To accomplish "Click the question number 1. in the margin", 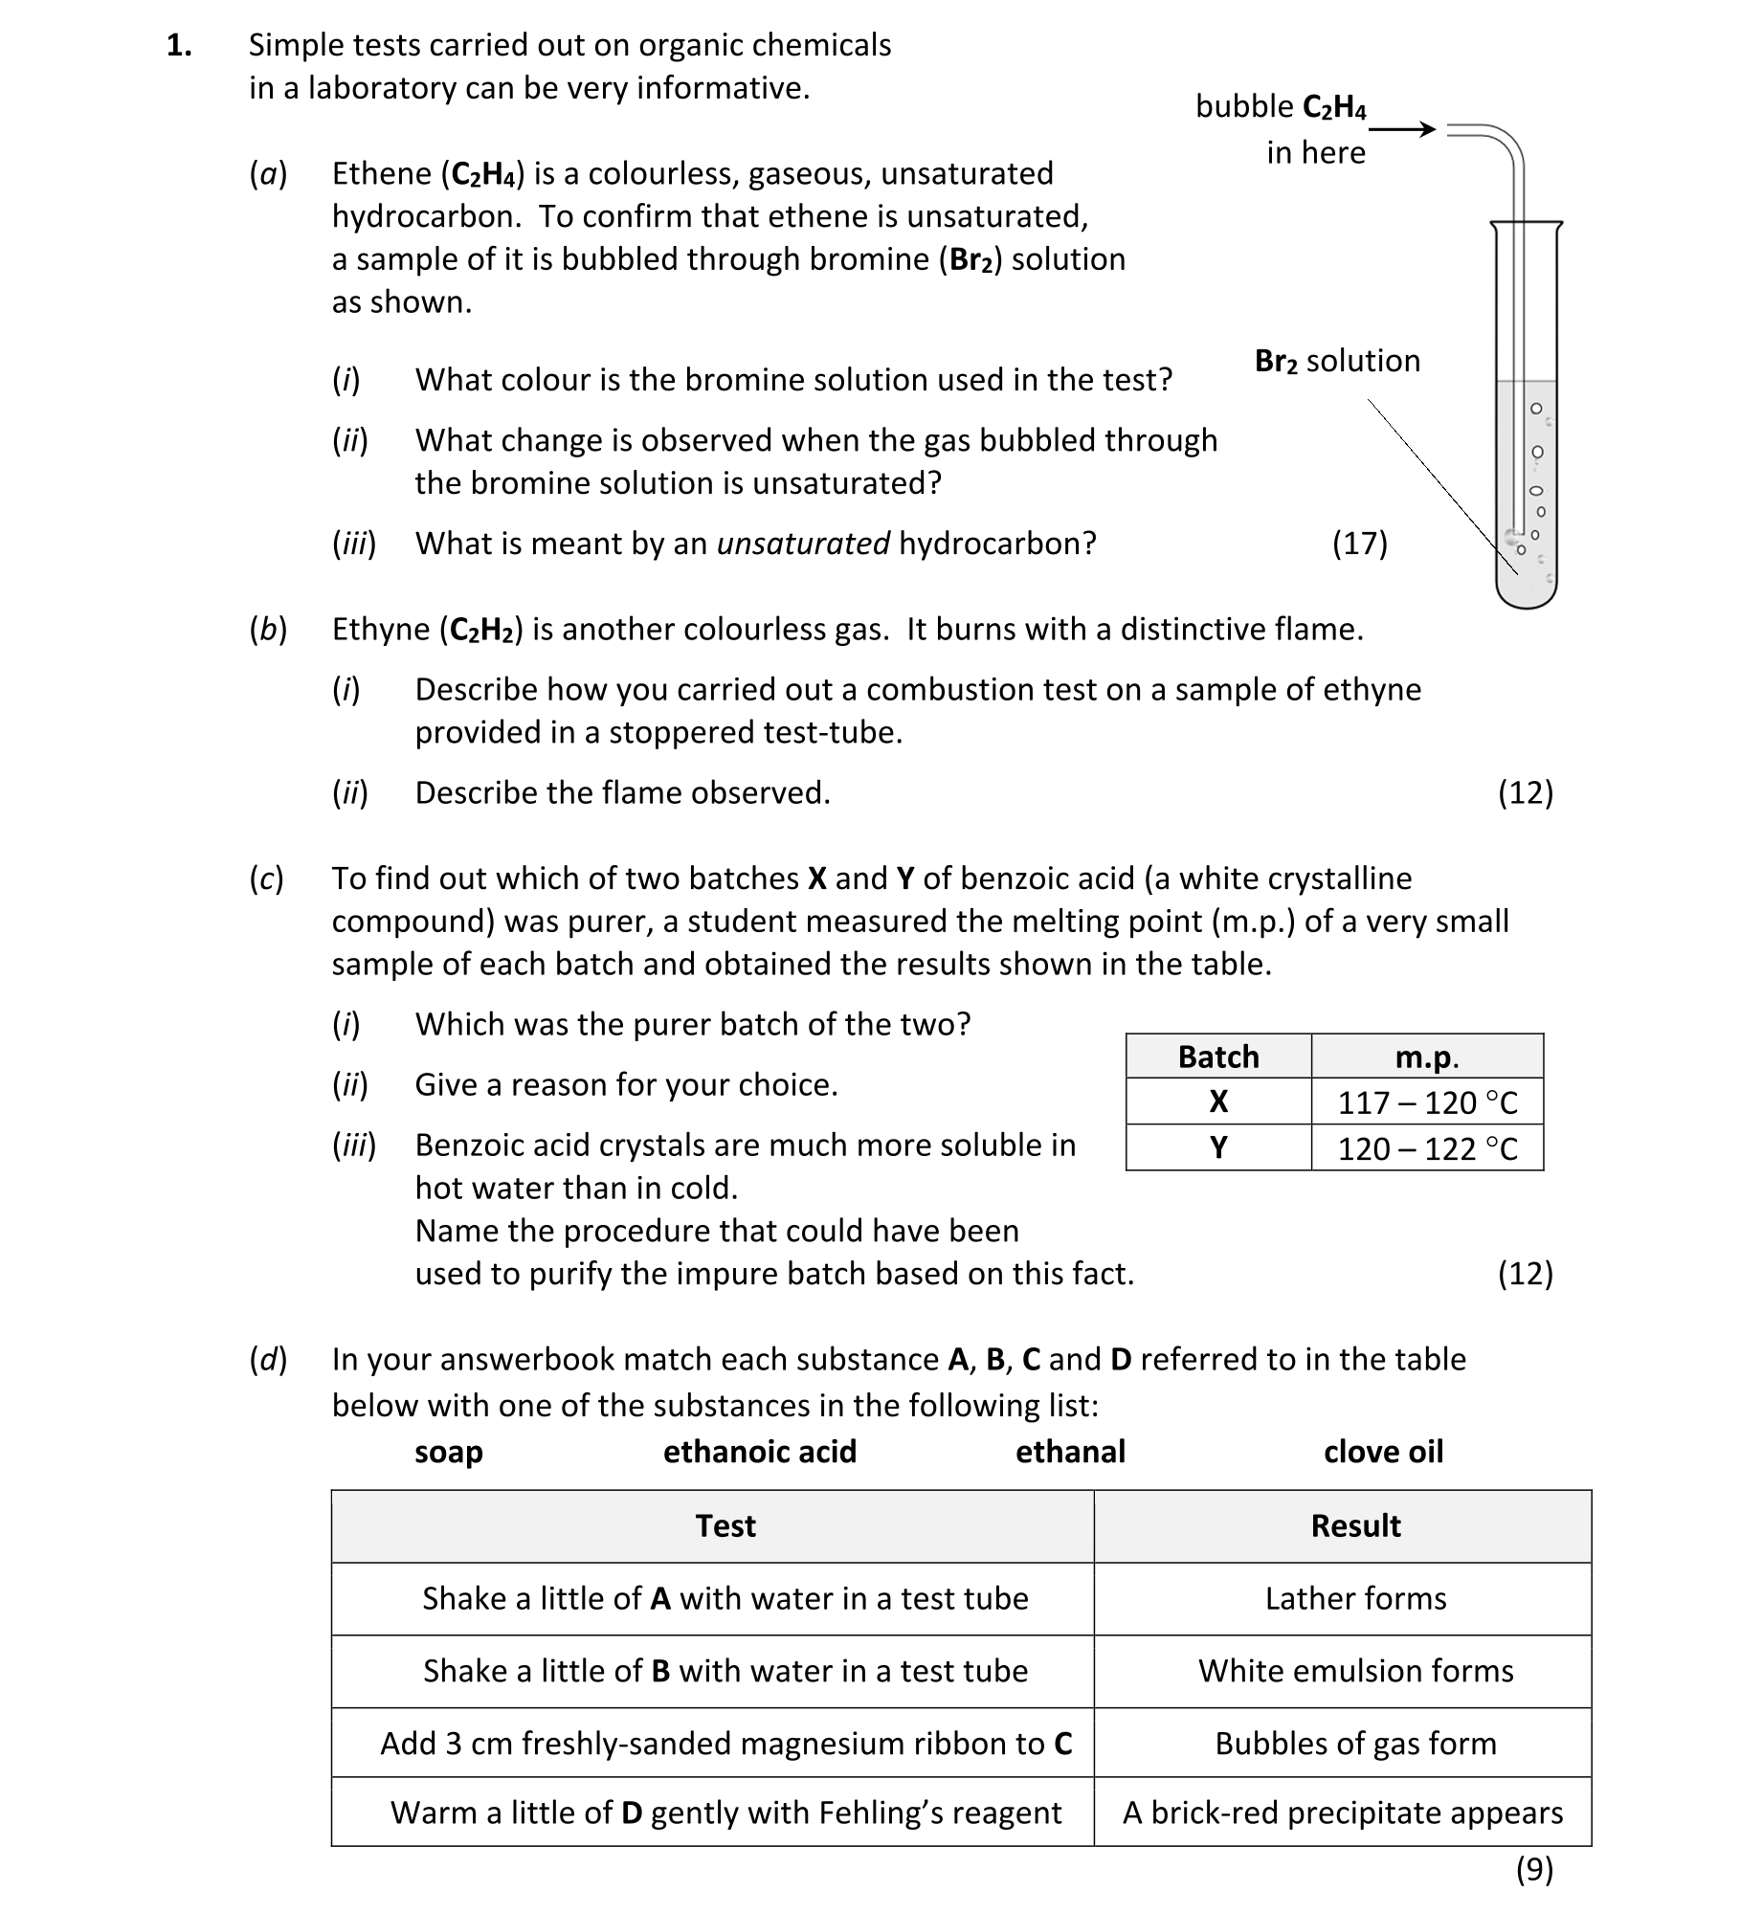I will pos(179,45).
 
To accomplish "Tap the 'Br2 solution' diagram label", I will pos(1337,361).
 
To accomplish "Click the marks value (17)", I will pos(1359,544).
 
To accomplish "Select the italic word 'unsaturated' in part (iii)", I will pos(803,544).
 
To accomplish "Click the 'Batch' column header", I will pos(1217,1057).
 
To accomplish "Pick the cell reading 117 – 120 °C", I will pos(1427,1102).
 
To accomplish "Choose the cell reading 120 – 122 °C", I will pos(1427,1148).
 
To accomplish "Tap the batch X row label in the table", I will pos(1217,1102).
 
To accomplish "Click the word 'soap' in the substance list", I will pos(448,1452).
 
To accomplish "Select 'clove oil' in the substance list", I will pos(1383,1452).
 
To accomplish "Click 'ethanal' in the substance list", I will pos(1070,1452).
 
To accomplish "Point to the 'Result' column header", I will pos(1355,1525).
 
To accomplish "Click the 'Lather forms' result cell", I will pos(1355,1598).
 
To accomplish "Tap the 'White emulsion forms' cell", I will pos(1355,1671).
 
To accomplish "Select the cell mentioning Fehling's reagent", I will pos(725,1813).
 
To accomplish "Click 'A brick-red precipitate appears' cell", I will pos(1343,1813).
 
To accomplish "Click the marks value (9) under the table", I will pos(1534,1869).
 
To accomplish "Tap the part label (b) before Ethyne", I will pos(268,630).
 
